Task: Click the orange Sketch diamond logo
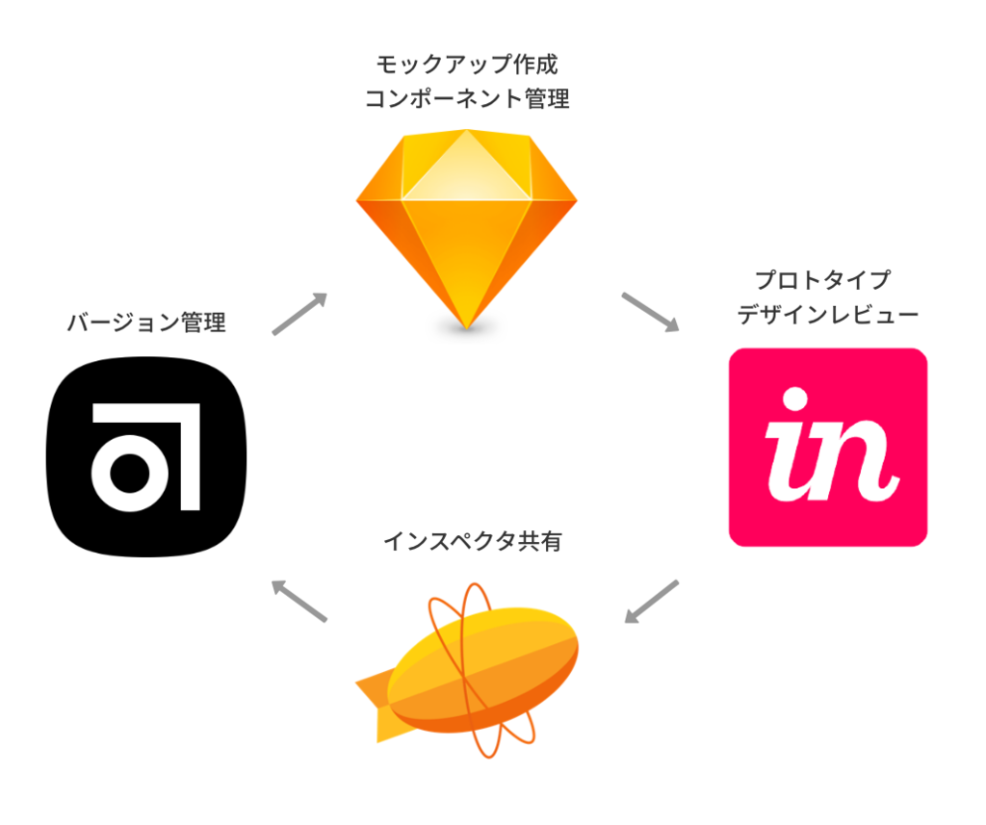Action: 466,226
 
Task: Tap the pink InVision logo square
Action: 827,447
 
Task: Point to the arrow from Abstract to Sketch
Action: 299,314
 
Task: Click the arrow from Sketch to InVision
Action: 650,312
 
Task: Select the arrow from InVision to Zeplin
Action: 651,601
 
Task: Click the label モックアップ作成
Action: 466,65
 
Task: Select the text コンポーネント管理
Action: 466,98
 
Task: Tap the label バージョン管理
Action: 146,322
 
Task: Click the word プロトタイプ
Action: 822,281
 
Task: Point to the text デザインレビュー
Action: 827,315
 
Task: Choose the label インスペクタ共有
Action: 472,542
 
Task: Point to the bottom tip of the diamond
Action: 466,324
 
